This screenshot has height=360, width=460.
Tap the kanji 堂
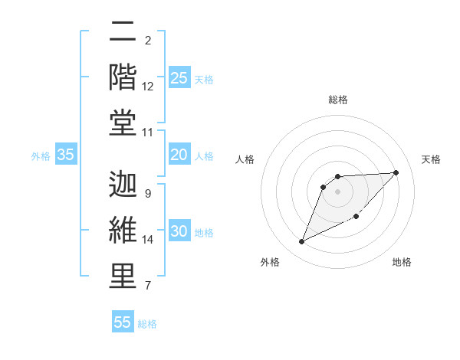coord(123,122)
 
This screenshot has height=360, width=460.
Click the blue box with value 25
coord(179,77)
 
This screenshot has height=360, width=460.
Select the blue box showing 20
coord(179,155)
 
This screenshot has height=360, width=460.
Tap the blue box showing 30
coord(179,232)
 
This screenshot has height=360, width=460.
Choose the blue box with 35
coord(66,155)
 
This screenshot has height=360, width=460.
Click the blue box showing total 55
coord(123,322)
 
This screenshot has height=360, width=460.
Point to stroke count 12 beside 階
coord(148,87)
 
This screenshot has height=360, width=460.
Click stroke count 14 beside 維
coord(148,240)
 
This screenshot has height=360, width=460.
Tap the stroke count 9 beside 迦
coord(147,194)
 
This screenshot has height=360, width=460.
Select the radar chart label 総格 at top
coord(337,100)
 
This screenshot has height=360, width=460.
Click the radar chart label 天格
coord(431,159)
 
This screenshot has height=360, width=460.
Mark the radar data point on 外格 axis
coord(302,242)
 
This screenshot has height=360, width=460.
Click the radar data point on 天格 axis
coord(396,172)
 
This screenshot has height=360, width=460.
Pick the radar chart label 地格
coord(402,262)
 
